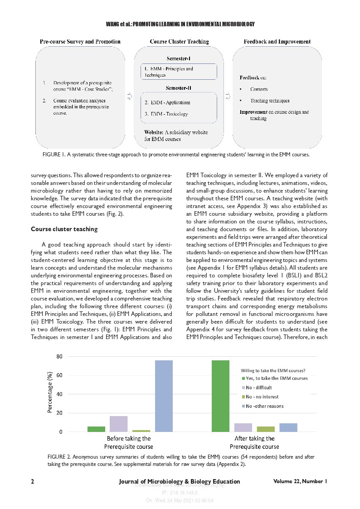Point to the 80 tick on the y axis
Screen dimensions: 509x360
point(59,356)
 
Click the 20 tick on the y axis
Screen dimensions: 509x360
point(59,413)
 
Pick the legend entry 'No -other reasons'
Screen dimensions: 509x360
point(265,406)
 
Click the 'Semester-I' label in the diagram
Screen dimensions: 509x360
point(179,59)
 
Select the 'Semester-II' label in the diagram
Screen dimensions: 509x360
point(179,87)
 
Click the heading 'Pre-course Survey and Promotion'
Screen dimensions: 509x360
point(80,42)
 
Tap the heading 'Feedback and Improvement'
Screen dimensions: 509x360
point(277,42)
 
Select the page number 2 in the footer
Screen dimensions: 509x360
point(33,481)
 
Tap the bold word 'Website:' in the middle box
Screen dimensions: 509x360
point(154,132)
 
